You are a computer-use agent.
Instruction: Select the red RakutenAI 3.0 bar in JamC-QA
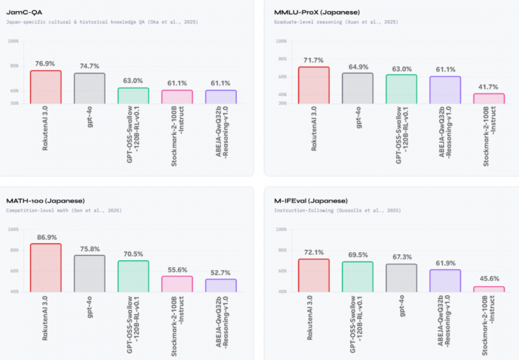click(x=45, y=87)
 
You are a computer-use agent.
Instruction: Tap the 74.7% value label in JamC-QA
click(x=89, y=66)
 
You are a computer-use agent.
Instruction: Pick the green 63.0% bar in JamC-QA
click(x=133, y=95)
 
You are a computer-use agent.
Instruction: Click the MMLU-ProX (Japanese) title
click(x=309, y=12)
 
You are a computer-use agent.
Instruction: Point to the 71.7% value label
click(x=313, y=60)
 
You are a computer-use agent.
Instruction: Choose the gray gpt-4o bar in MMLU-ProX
click(x=357, y=88)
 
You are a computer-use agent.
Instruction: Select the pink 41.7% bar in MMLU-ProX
click(x=489, y=99)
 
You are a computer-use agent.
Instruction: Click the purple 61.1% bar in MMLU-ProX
click(x=445, y=90)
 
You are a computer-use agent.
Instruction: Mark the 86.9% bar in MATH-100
click(x=45, y=267)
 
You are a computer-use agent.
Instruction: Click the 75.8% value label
click(x=89, y=248)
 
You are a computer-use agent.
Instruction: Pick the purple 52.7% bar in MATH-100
click(x=221, y=285)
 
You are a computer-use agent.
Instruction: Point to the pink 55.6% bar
click(x=176, y=283)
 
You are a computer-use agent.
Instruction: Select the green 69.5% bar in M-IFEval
click(x=357, y=276)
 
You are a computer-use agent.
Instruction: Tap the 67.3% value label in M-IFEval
click(x=401, y=256)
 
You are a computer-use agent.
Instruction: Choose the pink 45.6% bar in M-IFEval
click(x=489, y=289)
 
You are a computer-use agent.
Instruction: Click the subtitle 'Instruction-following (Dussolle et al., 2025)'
click(x=337, y=211)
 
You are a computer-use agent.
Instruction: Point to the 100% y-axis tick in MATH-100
click(x=13, y=230)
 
